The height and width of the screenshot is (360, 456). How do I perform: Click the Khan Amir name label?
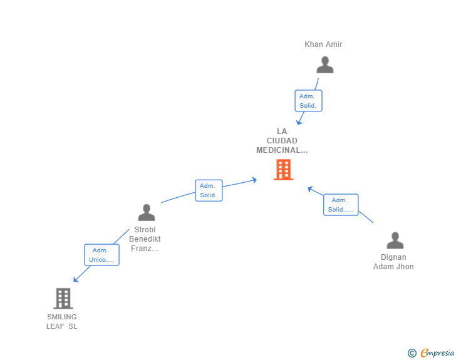323,44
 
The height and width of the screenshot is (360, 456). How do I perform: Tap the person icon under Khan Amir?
325,65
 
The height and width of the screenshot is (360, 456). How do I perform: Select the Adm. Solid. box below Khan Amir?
308,101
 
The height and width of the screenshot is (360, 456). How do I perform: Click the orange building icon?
283,170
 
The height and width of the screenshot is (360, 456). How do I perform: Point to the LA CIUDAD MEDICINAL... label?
282,141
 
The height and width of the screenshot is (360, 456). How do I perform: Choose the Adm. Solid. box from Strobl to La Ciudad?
209,190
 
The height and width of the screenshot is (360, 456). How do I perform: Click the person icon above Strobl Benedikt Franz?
147,212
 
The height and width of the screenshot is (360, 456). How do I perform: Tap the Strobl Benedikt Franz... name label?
145,239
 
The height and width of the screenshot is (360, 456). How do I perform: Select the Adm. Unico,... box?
101,255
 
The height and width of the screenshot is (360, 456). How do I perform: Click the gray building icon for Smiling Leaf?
63,299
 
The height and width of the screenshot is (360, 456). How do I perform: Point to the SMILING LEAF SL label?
62,321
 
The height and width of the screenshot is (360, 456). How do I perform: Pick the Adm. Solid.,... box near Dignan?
341,205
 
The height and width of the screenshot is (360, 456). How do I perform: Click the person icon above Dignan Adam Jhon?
395,240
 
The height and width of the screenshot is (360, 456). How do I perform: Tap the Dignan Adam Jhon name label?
393,262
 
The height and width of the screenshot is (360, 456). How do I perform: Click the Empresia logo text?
437,352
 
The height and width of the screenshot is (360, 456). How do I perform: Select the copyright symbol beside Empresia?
412,353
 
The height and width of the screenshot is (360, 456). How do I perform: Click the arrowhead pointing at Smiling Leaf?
76,279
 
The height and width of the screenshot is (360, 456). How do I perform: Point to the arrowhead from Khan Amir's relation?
299,122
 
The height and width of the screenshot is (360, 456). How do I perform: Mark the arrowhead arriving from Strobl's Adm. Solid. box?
254,180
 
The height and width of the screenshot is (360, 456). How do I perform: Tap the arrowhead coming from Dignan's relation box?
310,189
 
